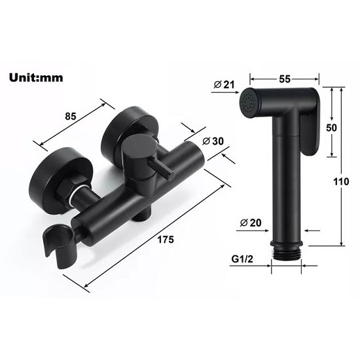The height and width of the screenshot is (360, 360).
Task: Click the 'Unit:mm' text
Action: point(36,78)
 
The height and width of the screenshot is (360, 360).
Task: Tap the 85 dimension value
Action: point(71,116)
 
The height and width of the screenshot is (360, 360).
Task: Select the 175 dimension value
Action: point(166,240)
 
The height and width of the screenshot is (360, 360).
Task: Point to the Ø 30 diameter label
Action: point(213,141)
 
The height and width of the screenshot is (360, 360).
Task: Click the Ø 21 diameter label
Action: point(225,84)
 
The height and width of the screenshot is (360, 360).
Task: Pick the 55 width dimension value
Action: point(285,79)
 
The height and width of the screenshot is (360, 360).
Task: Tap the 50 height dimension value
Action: point(331,128)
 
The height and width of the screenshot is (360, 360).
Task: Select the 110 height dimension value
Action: point(341,181)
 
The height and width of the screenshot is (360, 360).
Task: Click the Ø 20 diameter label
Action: point(251,223)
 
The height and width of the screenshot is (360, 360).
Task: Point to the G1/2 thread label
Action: point(242,259)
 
